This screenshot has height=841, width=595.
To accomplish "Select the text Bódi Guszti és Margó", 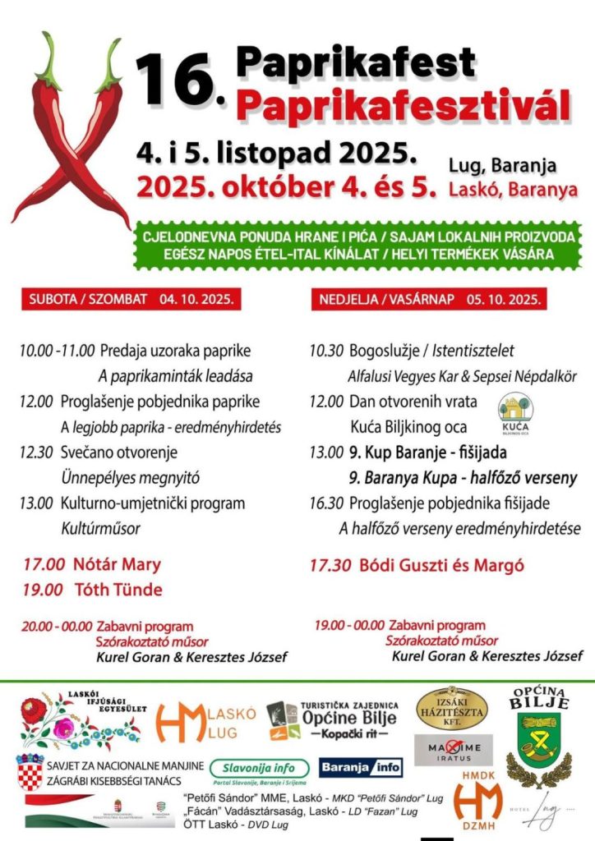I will coord(439,565).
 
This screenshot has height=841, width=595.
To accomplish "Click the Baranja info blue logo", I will coord(361,767).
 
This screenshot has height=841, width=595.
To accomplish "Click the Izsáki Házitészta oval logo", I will coord(452,707).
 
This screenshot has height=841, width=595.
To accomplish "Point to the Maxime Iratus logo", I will coord(453,750).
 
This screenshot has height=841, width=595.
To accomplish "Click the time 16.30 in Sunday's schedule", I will coord(326,503).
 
